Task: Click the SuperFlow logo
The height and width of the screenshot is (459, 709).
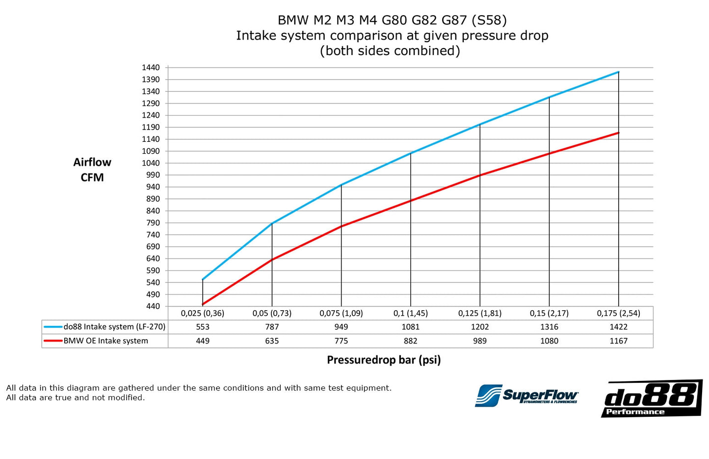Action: [526, 396]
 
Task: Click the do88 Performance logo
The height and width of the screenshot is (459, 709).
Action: [651, 398]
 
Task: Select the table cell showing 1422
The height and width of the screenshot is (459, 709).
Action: [618, 327]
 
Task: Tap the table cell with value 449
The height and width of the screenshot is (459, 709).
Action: [203, 341]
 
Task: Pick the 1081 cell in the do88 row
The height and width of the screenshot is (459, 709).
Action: [410, 327]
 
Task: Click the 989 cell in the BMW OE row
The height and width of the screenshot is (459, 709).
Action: [479, 341]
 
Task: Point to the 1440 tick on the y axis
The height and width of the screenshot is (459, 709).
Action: [151, 68]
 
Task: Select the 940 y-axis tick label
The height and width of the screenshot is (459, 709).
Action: [153, 187]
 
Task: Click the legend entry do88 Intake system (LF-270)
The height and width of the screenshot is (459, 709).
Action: [114, 327]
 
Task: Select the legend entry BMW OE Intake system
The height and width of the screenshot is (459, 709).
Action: [105, 341]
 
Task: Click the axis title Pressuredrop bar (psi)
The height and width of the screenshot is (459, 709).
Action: [384, 360]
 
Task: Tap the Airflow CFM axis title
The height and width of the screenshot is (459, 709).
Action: [92, 170]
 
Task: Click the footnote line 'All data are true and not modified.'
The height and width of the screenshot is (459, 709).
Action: [76, 398]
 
